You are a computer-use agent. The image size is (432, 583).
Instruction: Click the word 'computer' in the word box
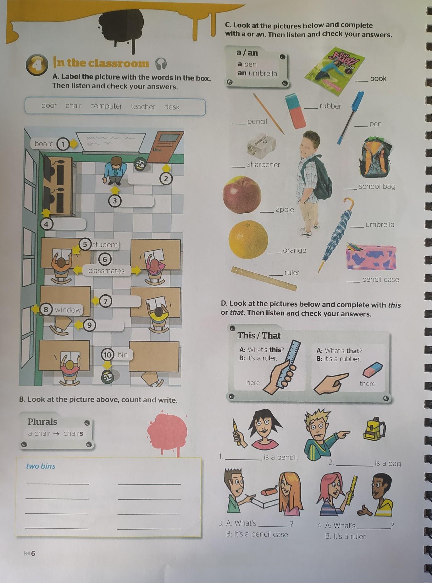pyautogui.click(x=106, y=106)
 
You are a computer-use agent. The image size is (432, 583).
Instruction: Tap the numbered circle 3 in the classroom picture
pyautogui.click(x=115, y=201)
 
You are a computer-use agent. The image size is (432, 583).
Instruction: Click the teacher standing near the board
pyautogui.click(x=115, y=171)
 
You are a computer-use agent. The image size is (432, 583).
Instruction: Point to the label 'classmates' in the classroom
pyautogui.click(x=106, y=271)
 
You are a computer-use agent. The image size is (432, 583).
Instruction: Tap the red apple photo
pyautogui.click(x=242, y=195)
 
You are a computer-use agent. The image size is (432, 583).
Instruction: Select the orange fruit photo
pyautogui.click(x=248, y=240)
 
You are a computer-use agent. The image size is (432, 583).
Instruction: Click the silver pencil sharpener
pyautogui.click(x=261, y=145)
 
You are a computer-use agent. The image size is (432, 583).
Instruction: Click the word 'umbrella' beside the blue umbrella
pyautogui.click(x=380, y=225)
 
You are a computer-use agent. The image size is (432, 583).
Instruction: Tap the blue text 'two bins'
pyautogui.click(x=41, y=466)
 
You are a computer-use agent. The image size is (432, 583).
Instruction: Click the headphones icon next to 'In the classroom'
pyautogui.click(x=161, y=64)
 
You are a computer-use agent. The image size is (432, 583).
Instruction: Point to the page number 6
pyautogui.click(x=33, y=553)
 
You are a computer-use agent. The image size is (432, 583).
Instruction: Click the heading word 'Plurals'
pyautogui.click(x=42, y=422)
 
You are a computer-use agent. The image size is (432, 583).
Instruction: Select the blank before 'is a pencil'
pyautogui.click(x=243, y=459)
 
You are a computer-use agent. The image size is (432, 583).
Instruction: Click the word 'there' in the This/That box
pyautogui.click(x=367, y=384)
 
